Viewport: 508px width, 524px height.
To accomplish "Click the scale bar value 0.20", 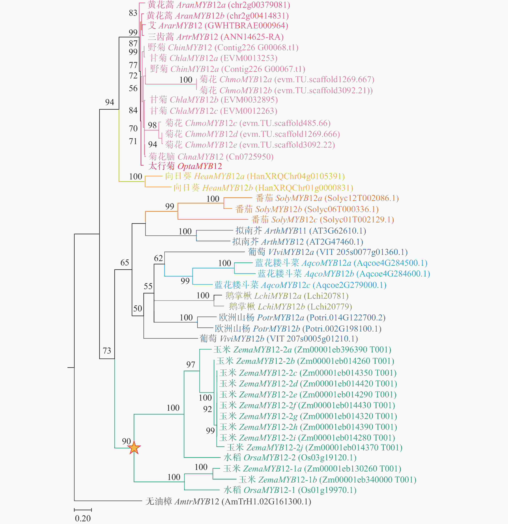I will pyautogui.click(x=83, y=518).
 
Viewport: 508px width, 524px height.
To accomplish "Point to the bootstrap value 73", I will pyautogui.click(x=107, y=351).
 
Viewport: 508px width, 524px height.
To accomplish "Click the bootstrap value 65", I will pyautogui.click(x=125, y=263).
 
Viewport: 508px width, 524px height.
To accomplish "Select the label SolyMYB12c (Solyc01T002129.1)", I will pyautogui.click(x=322, y=219).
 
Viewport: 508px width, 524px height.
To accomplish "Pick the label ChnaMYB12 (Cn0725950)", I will pyautogui.click(x=211, y=156).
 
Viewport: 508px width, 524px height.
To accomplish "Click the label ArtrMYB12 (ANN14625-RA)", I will pyautogui.click(x=215, y=37).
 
